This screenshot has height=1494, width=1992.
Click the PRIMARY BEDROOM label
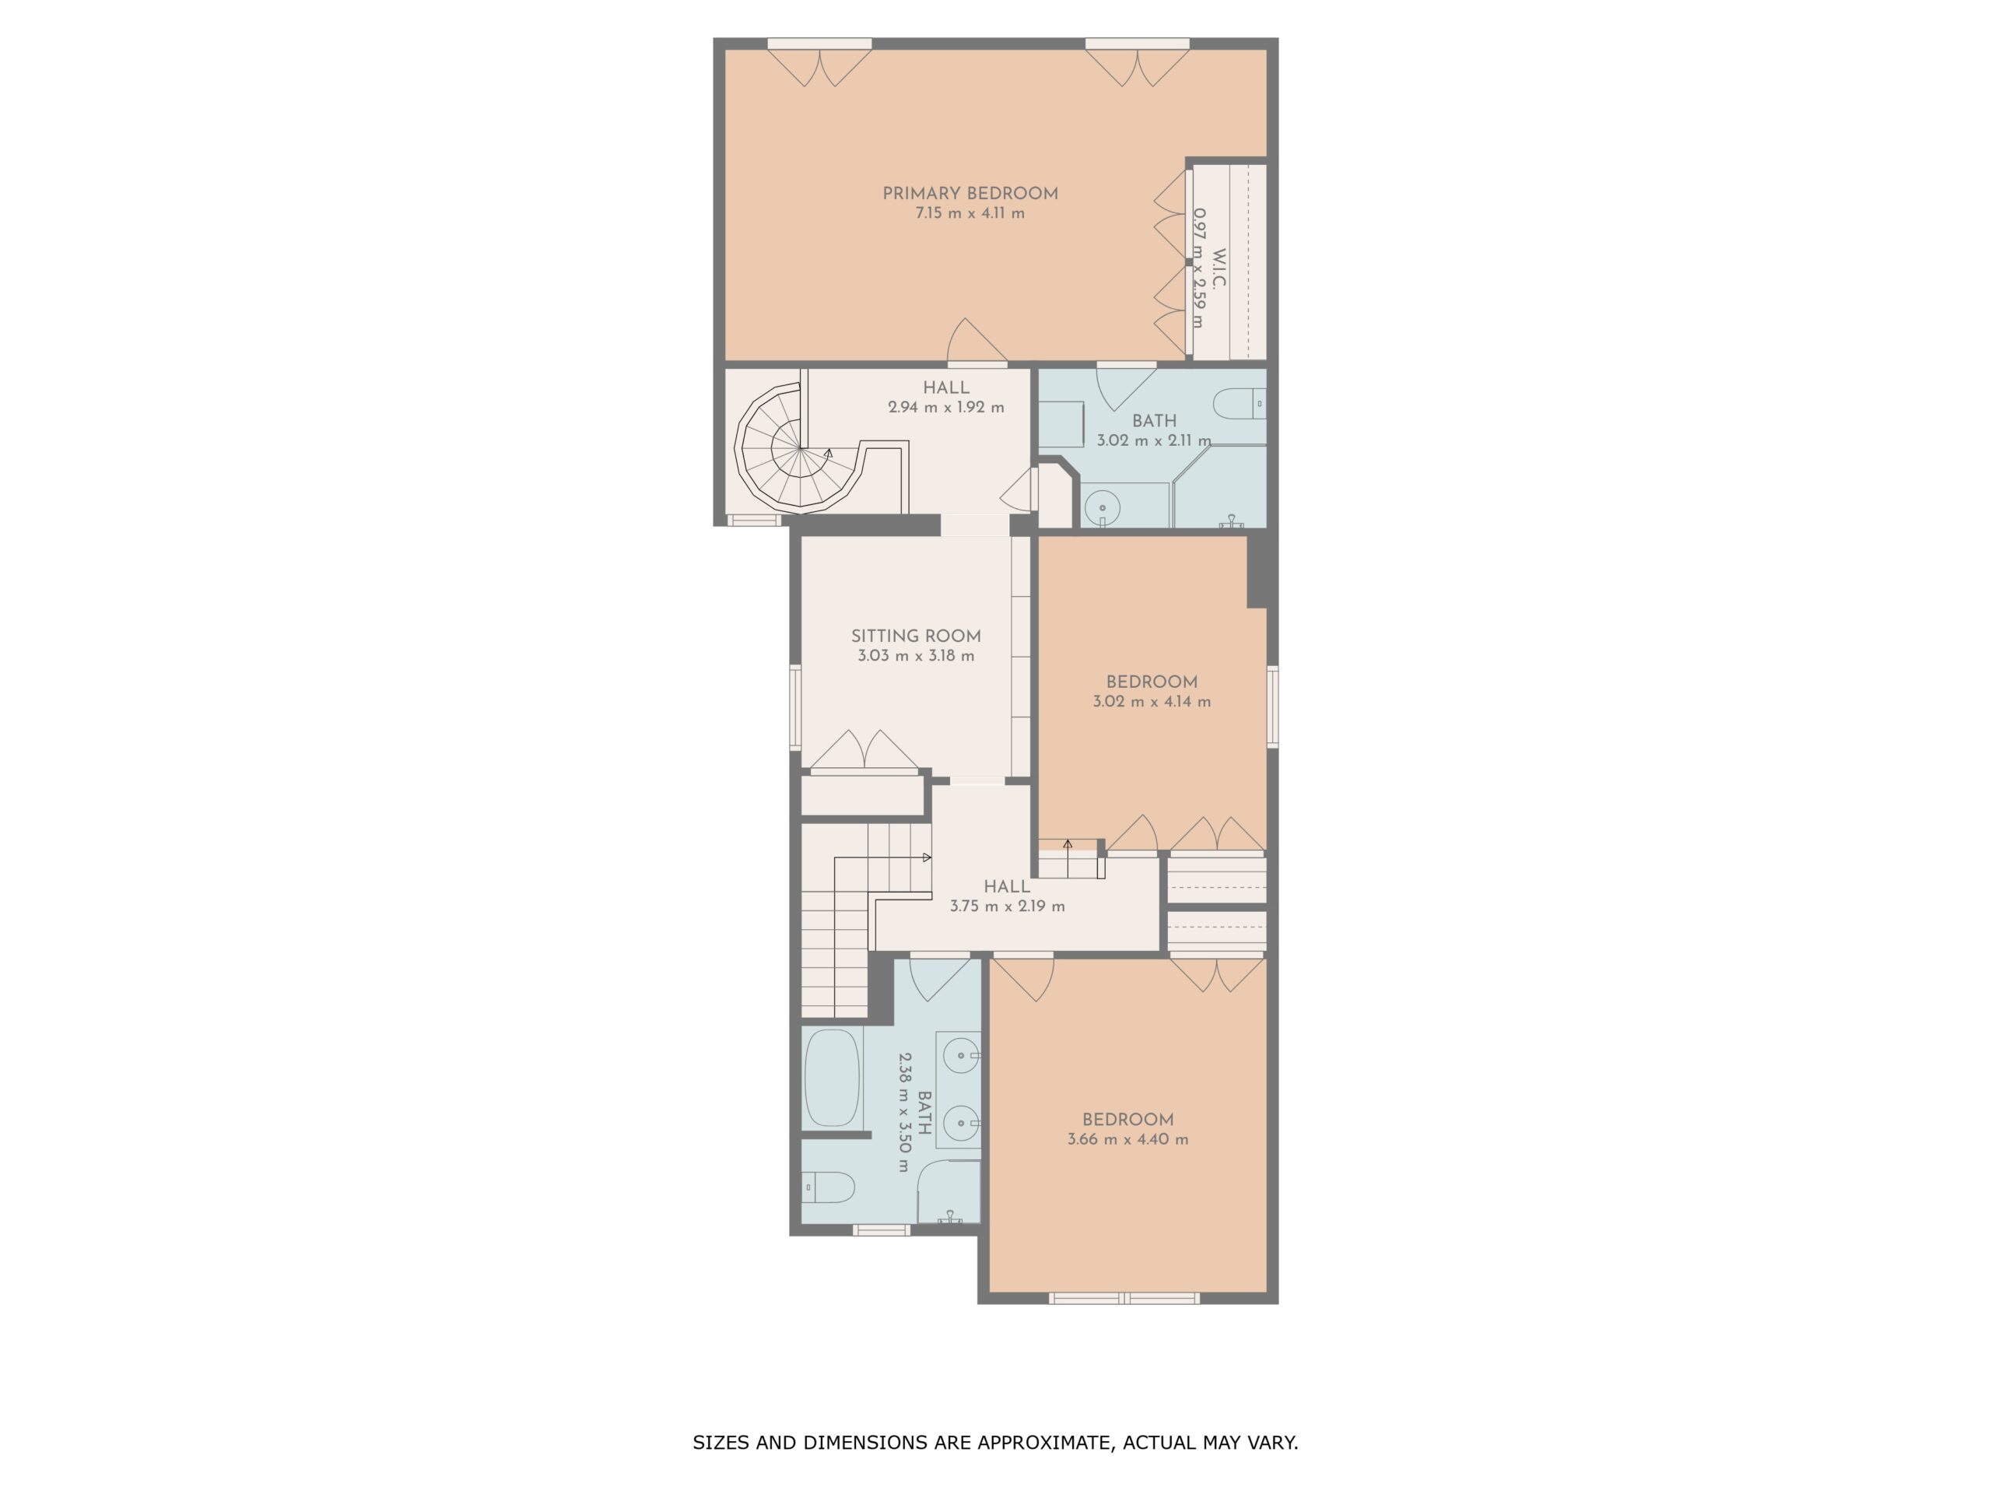(x=970, y=194)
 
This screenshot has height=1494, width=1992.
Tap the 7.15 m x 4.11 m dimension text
(x=970, y=213)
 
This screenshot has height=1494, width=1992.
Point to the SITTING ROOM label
(x=916, y=636)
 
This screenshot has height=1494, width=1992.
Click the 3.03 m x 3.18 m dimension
(x=916, y=656)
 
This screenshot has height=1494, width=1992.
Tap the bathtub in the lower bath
(x=832, y=1078)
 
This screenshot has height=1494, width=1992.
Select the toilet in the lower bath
(x=829, y=1187)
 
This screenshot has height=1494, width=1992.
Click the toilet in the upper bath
(x=1240, y=403)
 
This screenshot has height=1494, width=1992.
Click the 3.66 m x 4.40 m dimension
(x=1128, y=1139)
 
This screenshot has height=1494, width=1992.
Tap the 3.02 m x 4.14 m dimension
(x=1152, y=702)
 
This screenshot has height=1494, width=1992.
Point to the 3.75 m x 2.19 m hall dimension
(x=1007, y=906)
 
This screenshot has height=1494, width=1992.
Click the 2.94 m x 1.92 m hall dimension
(x=945, y=407)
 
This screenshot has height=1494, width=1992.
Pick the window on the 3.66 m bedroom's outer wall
(x=1124, y=1298)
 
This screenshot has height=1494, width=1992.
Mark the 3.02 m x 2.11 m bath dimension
(x=1154, y=441)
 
